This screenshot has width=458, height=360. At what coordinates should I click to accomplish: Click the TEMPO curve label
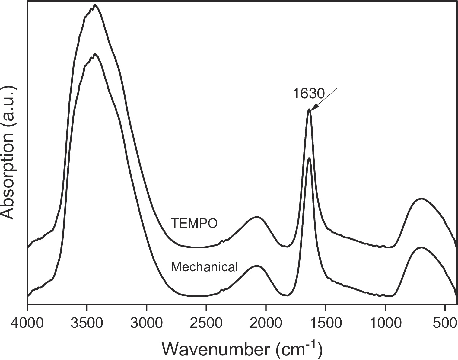click(x=194, y=224)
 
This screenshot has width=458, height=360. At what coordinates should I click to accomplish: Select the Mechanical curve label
click(x=204, y=267)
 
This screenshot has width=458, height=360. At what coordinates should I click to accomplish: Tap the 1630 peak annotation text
click(x=308, y=94)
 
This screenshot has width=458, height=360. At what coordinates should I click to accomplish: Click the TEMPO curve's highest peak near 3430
click(x=95, y=5)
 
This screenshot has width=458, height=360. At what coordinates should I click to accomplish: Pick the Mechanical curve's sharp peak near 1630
click(x=309, y=158)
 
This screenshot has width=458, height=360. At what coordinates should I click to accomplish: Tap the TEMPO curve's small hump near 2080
click(x=257, y=217)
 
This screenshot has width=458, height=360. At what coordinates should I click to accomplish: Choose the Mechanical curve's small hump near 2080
click(x=257, y=266)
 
